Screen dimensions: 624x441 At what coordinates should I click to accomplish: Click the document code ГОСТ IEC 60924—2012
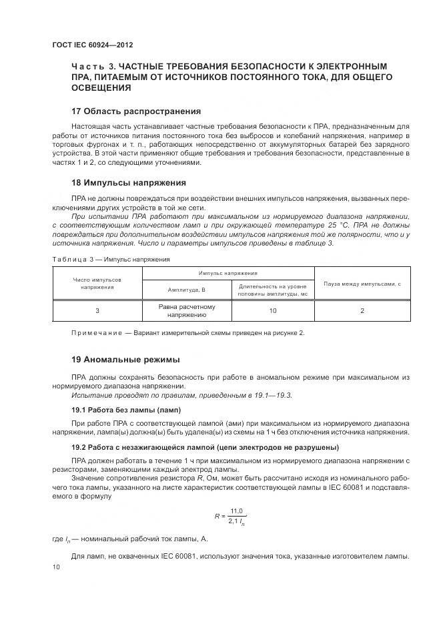92,45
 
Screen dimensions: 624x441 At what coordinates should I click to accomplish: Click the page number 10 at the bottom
55,567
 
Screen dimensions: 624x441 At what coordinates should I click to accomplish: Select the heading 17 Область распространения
136,111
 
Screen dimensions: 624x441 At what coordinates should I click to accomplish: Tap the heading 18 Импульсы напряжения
128,182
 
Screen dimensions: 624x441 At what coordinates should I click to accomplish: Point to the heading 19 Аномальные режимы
126,359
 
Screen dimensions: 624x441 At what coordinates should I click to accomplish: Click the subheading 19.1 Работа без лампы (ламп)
126,409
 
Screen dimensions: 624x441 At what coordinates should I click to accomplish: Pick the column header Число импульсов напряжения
97,283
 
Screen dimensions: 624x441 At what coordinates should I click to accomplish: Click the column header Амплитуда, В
187,290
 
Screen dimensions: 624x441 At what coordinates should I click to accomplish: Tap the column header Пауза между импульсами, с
362,284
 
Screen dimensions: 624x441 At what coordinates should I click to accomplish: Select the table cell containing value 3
97,311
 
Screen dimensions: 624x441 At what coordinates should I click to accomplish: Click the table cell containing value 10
272,311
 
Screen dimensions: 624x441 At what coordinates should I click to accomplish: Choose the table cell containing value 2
362,311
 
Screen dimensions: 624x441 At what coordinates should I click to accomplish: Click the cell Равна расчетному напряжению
187,311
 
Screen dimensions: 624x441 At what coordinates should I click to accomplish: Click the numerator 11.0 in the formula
236,511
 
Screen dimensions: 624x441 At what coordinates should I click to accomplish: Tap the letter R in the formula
217,517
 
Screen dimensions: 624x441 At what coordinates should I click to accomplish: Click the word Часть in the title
88,66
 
